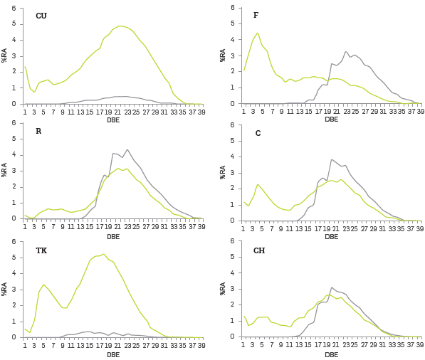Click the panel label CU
point(41,16)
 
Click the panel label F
point(256,15)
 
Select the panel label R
point(38,131)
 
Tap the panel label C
point(258,133)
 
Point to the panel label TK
point(41,250)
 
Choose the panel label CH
point(259,250)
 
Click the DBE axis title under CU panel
point(113,120)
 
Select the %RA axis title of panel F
point(223,55)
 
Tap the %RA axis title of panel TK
point(4,289)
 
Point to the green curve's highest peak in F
point(257,33)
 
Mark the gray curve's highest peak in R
point(127,149)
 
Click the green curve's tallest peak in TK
point(104,254)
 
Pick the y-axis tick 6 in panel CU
point(14,8)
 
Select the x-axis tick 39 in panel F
point(419,111)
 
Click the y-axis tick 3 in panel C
point(232,173)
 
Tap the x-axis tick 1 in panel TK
point(25,345)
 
